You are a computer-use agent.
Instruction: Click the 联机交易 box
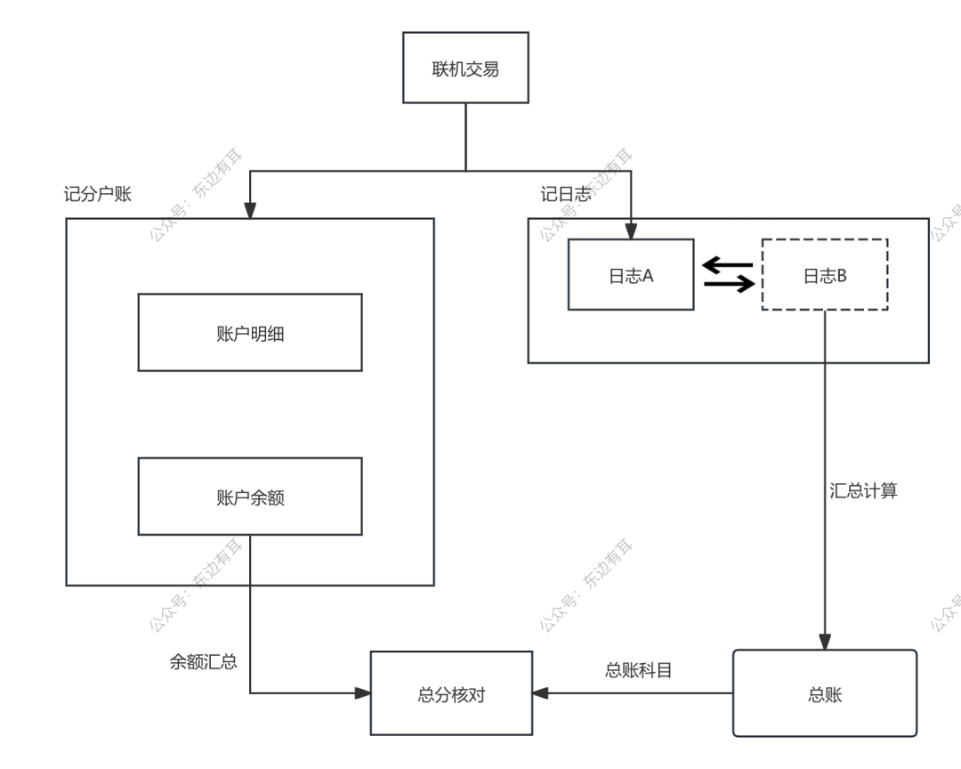tap(465, 68)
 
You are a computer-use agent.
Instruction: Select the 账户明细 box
tap(250, 333)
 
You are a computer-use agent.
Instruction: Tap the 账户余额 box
tap(250, 497)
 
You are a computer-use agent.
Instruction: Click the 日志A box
tap(631, 275)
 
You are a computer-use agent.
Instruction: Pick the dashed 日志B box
tap(825, 275)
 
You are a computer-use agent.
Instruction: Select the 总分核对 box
tap(451, 694)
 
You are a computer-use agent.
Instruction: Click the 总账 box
tap(825, 694)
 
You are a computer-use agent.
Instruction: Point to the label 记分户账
tap(98, 194)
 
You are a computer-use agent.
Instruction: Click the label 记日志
tap(565, 194)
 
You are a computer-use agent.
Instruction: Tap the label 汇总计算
tap(863, 490)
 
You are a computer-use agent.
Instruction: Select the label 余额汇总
tap(203, 662)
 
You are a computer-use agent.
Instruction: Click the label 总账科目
tap(638, 670)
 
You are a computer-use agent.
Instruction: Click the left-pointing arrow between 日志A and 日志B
tap(727, 264)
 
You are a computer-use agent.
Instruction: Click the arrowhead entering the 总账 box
tap(825, 642)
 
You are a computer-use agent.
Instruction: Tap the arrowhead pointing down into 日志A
tap(631, 231)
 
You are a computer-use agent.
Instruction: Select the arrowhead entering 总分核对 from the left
tap(362, 692)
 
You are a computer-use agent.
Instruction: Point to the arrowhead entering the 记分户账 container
tap(250, 210)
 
